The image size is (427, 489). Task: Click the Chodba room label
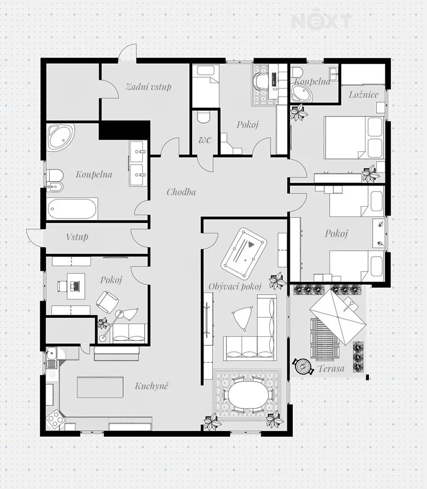[x=181, y=192]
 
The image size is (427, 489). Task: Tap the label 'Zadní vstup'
[x=148, y=86]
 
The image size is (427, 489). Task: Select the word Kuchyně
[x=151, y=386]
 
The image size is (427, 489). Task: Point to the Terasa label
[x=331, y=369]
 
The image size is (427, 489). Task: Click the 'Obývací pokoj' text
[x=235, y=286]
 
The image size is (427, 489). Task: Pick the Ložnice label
[x=363, y=95]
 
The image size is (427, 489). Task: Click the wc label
[x=205, y=140]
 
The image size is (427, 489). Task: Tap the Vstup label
[x=77, y=237]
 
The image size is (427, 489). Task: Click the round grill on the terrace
[x=303, y=366]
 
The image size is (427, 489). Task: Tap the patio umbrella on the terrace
[x=338, y=317]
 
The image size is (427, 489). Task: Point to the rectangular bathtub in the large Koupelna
[x=72, y=209]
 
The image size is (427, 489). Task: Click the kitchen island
[x=100, y=387]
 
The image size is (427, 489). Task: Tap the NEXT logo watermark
[x=322, y=21]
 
